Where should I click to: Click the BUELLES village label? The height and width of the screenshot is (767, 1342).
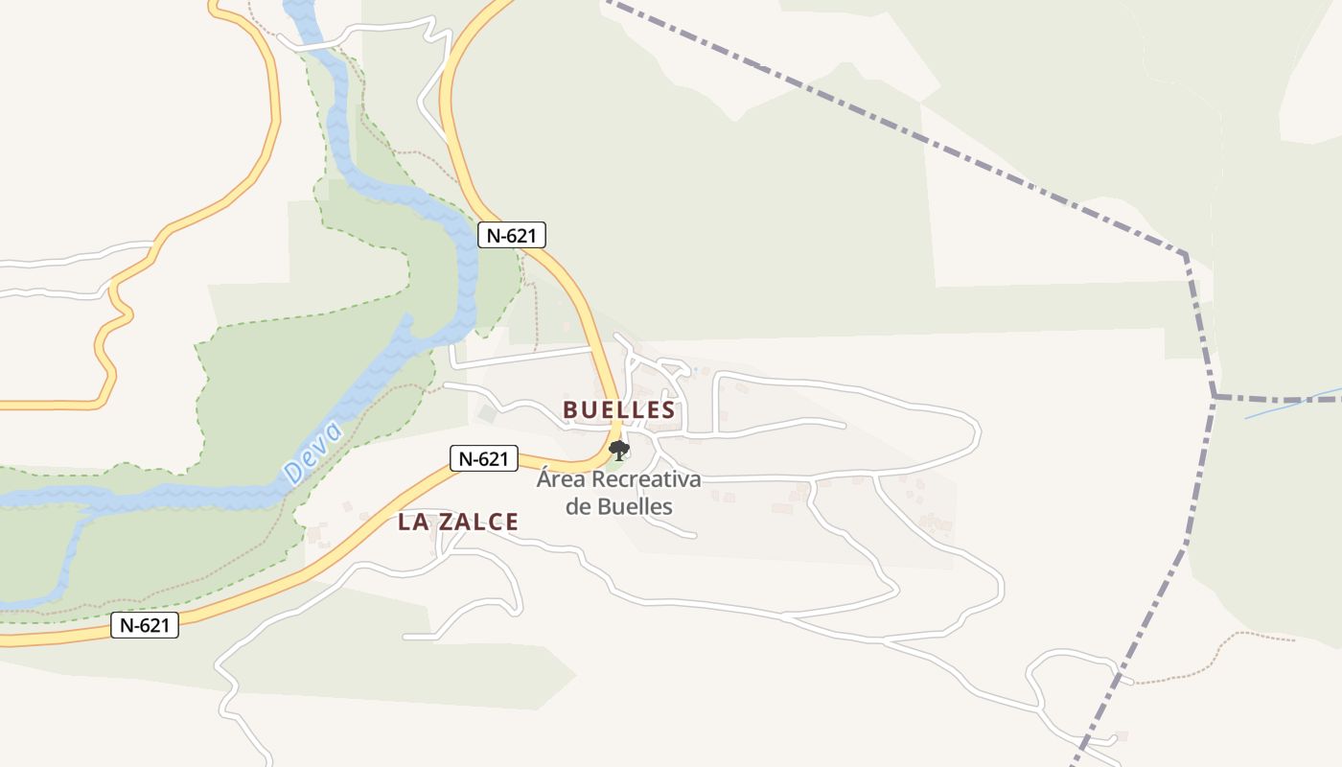[x=618, y=410]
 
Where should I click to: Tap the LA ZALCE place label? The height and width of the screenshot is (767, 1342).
[x=458, y=523]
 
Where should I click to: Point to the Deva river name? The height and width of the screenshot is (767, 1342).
[x=313, y=453]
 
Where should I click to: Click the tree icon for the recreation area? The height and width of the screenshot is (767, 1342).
[x=619, y=450]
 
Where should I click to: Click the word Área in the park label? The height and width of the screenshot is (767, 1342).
[x=561, y=479]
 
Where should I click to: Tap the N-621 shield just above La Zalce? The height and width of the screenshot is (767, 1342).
[x=484, y=459]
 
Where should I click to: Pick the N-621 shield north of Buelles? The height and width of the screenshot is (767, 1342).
[x=512, y=235]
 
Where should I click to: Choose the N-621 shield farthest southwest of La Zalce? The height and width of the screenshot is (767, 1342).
[x=145, y=626]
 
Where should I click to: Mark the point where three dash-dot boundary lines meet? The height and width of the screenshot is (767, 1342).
[x=1215, y=396]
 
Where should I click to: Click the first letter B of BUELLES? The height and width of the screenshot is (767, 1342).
[x=569, y=410]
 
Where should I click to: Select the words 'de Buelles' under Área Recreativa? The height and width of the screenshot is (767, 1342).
[x=618, y=506]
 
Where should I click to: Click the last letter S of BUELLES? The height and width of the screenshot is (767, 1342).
[x=668, y=410]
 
